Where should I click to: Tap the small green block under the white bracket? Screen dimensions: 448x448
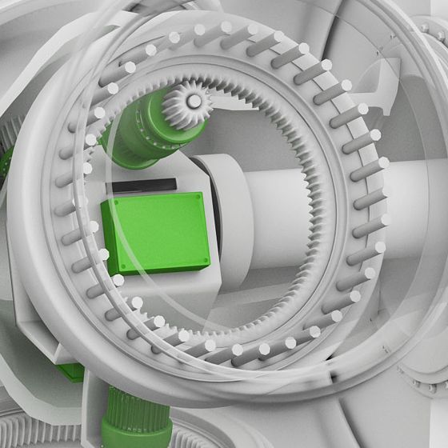coord(72,372)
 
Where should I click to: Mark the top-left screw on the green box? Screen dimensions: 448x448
coord(106,206)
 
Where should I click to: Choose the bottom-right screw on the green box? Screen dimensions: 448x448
coord(206,261)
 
